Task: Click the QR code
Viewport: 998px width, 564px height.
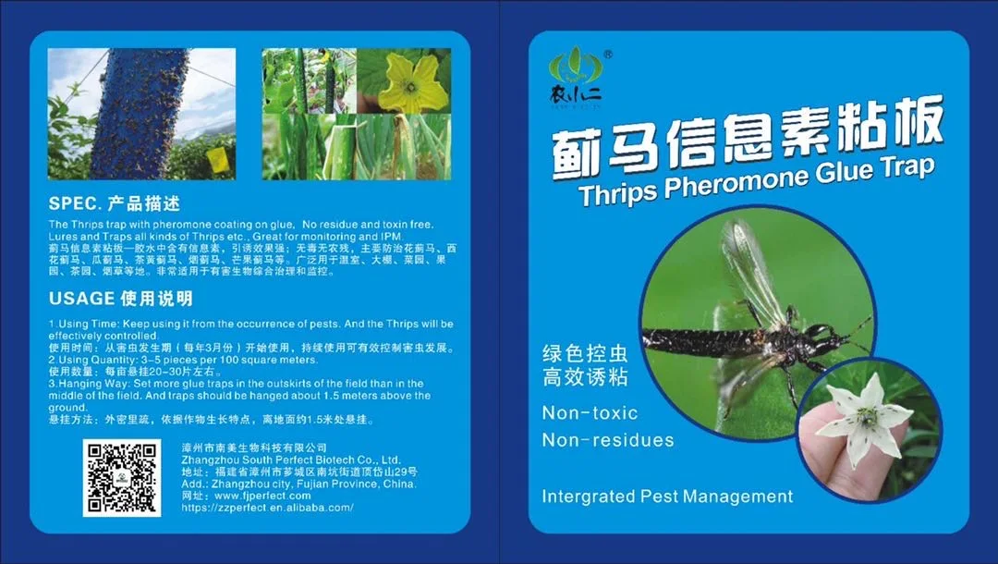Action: click(122, 477)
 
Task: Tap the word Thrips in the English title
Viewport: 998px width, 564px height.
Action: click(619, 191)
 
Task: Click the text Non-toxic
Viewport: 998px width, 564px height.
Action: click(590, 412)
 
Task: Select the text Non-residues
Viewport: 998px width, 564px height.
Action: click(607, 440)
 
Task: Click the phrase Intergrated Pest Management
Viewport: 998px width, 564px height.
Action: click(667, 497)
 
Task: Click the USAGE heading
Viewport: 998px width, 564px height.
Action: click(81, 299)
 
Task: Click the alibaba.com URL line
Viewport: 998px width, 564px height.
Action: click(267, 508)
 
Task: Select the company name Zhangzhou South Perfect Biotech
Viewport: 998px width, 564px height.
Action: click(291, 460)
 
